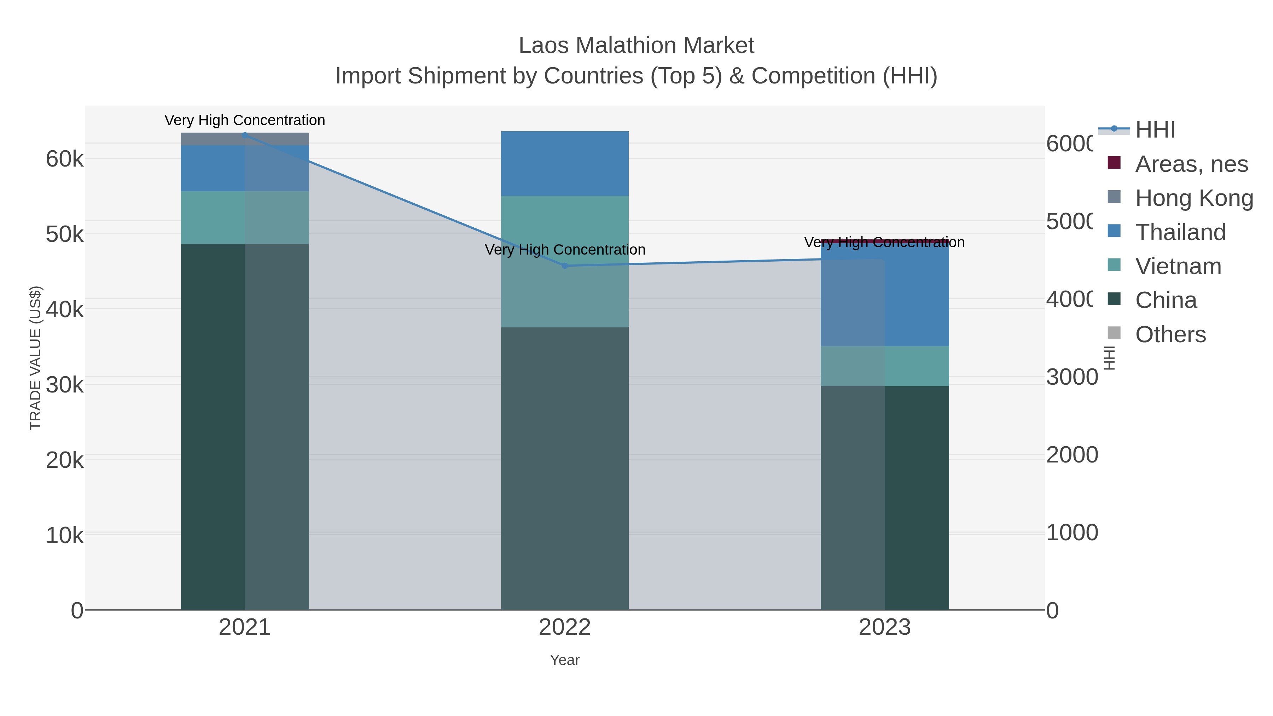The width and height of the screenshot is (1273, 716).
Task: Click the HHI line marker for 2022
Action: [x=565, y=266]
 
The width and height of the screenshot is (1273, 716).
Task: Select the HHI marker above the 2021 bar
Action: [x=245, y=134]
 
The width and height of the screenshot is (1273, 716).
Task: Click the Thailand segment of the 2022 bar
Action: [x=565, y=164]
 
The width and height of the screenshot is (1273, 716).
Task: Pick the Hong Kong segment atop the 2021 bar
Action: [x=245, y=139]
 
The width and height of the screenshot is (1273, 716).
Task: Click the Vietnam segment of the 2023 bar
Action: [x=885, y=366]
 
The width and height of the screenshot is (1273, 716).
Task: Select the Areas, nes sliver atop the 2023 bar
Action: [x=885, y=241]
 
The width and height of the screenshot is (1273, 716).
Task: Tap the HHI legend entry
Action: [x=1155, y=130]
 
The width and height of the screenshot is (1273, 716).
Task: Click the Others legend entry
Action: [x=1170, y=334]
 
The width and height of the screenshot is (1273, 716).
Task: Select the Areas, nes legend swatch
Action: [x=1114, y=163]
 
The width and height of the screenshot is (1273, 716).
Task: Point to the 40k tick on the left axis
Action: [x=65, y=310]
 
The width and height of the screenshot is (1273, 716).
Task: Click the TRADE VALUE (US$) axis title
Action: [x=36, y=358]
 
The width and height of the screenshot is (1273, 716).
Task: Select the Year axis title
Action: [x=565, y=660]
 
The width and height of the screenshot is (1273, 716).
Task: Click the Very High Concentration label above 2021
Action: [x=245, y=120]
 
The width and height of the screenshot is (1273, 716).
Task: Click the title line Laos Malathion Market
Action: [x=636, y=46]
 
